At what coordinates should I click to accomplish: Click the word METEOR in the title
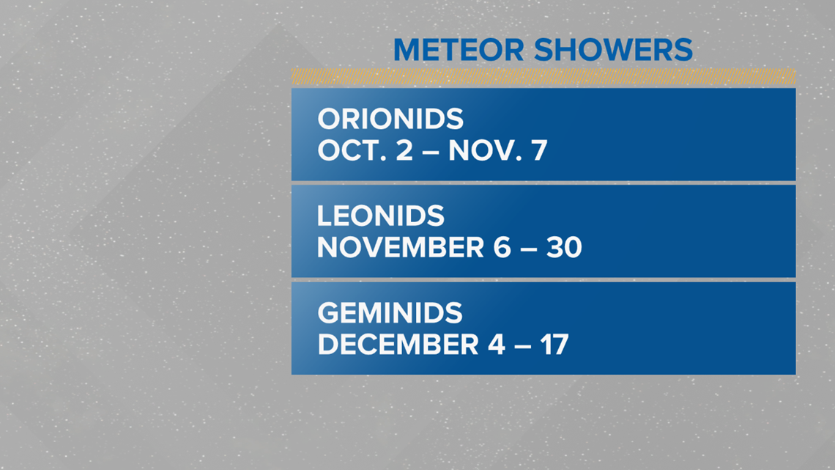pyautogui.click(x=459, y=50)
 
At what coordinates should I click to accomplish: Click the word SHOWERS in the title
pyautogui.click(x=613, y=50)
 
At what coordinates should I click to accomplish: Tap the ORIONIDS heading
pyautogui.click(x=390, y=119)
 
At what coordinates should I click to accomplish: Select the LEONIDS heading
pyautogui.click(x=381, y=216)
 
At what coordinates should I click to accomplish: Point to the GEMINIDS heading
pyautogui.click(x=390, y=313)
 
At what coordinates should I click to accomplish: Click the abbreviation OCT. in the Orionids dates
pyautogui.click(x=352, y=150)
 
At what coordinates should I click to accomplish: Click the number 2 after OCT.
pyautogui.click(x=405, y=150)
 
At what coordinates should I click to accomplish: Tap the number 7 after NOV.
pyautogui.click(x=539, y=151)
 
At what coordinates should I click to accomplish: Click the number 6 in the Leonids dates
pyautogui.click(x=502, y=247)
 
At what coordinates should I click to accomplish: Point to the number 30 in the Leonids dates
pyautogui.click(x=564, y=247)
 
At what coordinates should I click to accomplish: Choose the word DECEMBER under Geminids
pyautogui.click(x=398, y=344)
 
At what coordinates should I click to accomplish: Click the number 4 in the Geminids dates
pyautogui.click(x=497, y=344)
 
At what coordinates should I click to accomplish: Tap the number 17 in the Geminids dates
pyautogui.click(x=554, y=344)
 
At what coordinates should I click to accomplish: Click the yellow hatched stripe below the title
pyautogui.click(x=543, y=76)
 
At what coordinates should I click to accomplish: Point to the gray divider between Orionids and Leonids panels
pyautogui.click(x=543, y=183)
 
